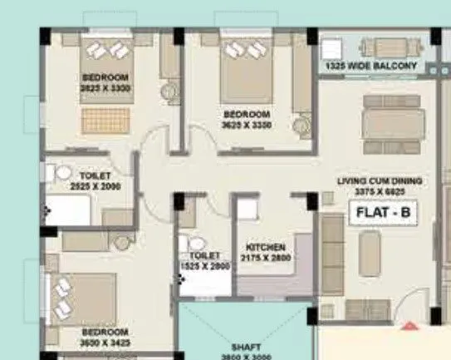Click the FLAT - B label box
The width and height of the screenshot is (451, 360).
383,212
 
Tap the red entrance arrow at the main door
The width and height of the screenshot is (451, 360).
407,325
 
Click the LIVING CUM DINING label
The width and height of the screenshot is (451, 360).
380,180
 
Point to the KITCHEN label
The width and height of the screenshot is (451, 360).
266,248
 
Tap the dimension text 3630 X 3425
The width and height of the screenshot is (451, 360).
105,343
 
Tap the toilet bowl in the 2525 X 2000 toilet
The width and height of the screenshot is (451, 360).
62,173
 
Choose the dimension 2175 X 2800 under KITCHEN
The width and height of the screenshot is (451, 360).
266,259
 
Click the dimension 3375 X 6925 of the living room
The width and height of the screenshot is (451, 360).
380,190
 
